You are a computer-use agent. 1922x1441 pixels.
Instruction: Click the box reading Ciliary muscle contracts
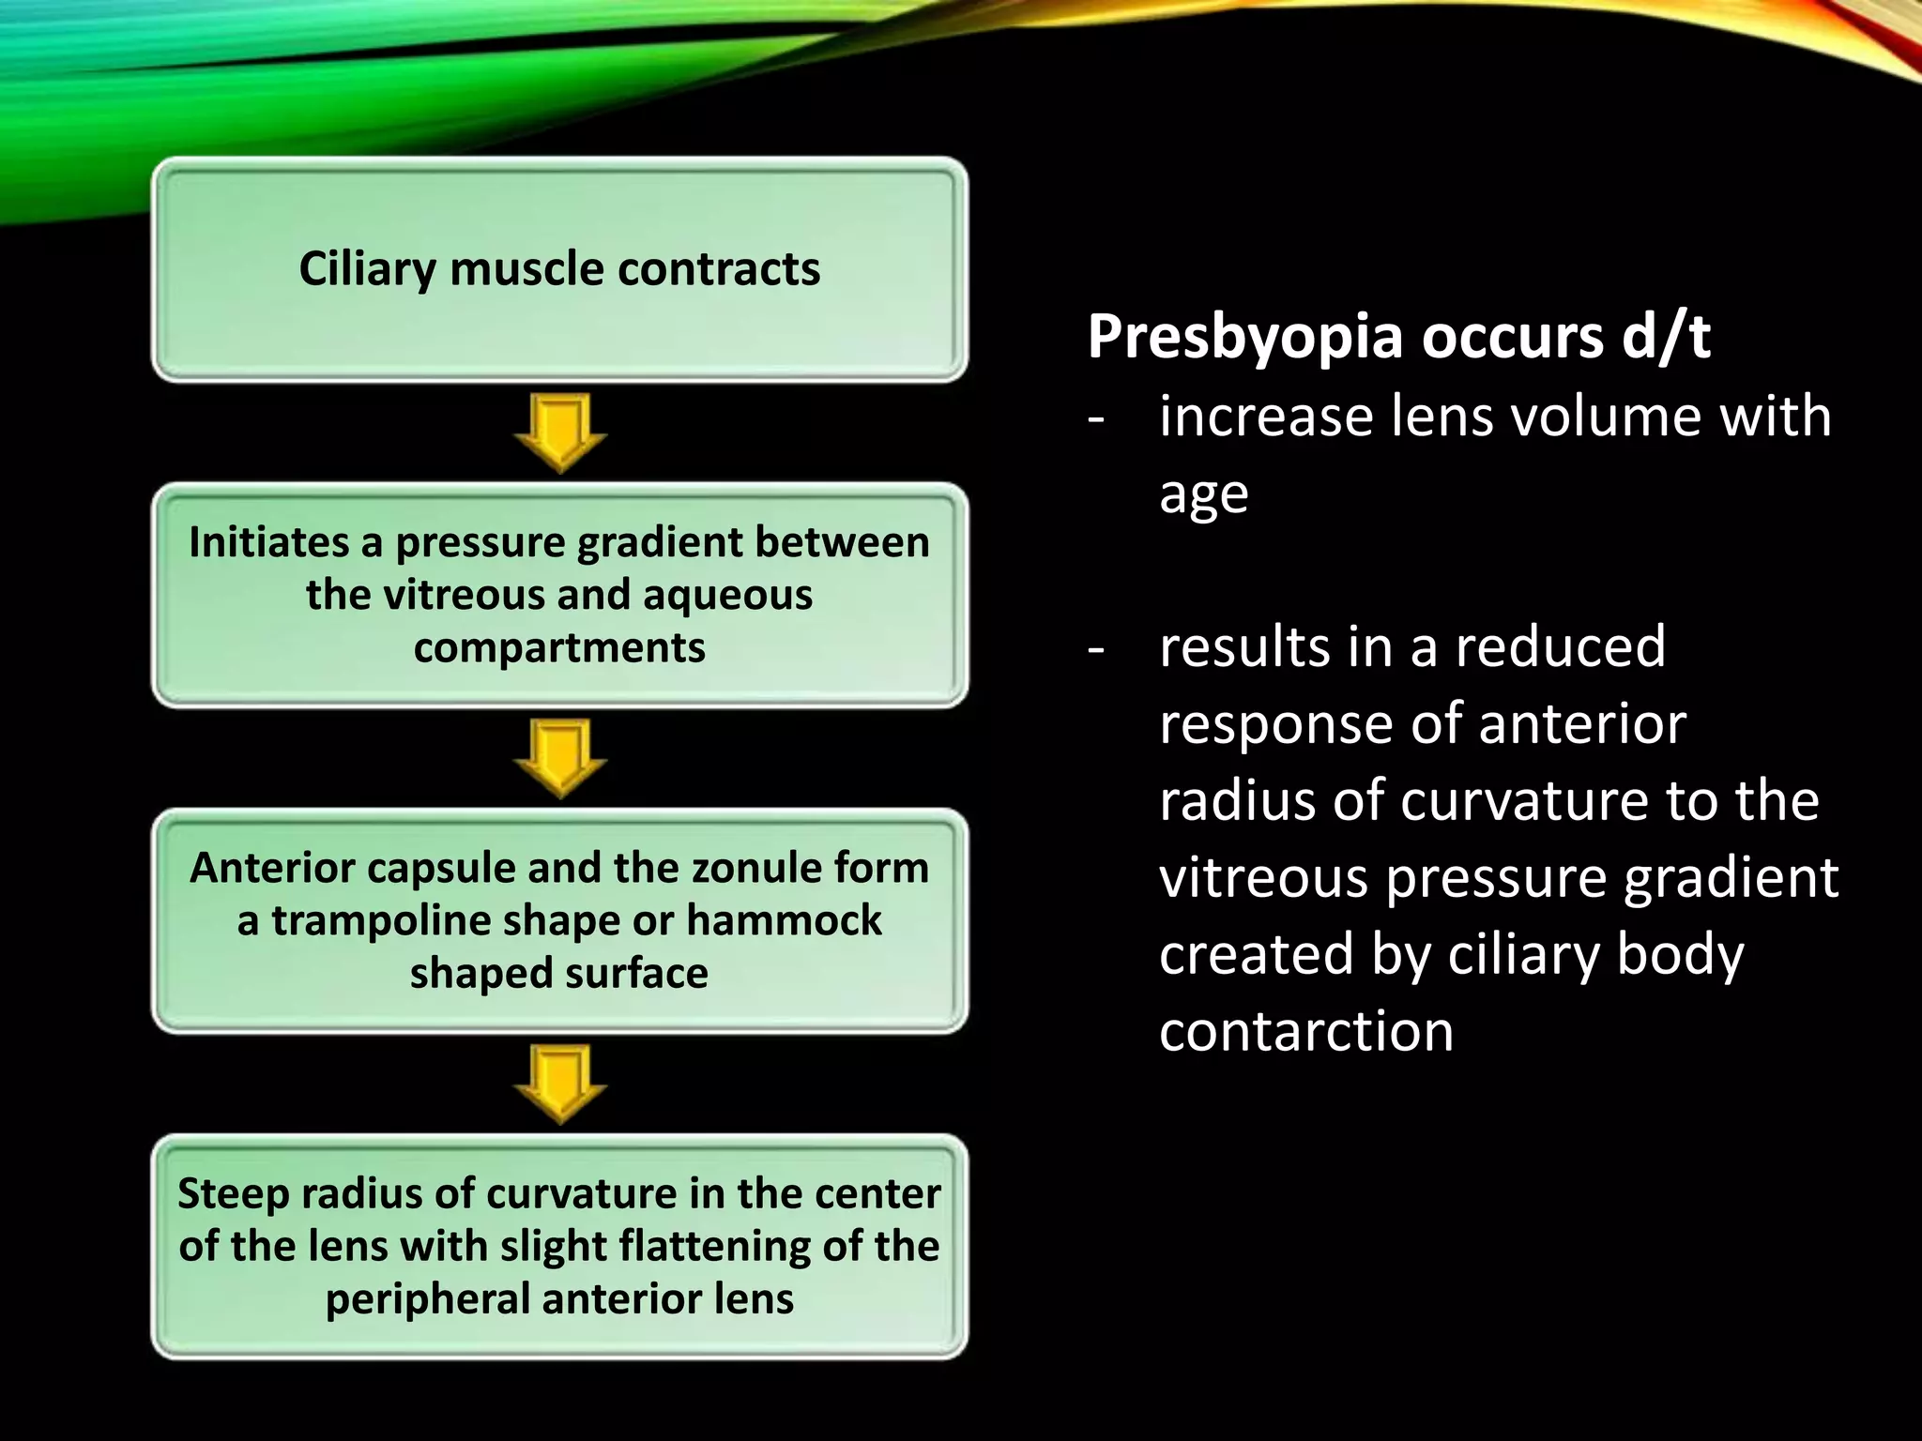pyautogui.click(x=559, y=269)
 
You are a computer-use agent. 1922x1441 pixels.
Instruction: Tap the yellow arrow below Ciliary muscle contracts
pyautogui.click(x=560, y=432)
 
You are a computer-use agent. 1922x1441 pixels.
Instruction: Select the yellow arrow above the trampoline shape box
pyautogui.click(x=560, y=758)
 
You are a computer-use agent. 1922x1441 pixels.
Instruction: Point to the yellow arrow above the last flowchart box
pyautogui.click(x=560, y=1084)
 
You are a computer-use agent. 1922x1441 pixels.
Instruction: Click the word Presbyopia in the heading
pyautogui.click(x=1245, y=338)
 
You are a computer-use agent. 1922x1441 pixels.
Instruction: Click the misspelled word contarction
pyautogui.click(x=1305, y=1031)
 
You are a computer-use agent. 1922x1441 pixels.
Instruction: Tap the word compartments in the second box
pyautogui.click(x=559, y=647)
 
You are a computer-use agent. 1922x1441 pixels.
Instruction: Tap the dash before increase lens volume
pyautogui.click(x=1095, y=417)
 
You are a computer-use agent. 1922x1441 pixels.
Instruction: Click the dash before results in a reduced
pyautogui.click(x=1095, y=647)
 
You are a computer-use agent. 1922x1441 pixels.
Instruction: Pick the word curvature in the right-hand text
pyautogui.click(x=1524, y=800)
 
